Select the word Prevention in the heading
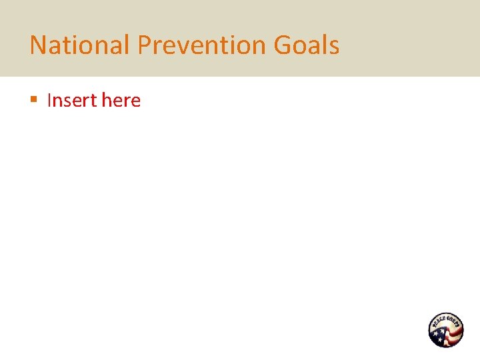(x=202, y=45)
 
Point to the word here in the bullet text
(x=121, y=101)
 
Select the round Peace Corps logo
(x=445, y=330)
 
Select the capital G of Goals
(x=283, y=45)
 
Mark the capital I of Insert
(x=49, y=101)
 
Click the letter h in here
(x=107, y=101)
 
